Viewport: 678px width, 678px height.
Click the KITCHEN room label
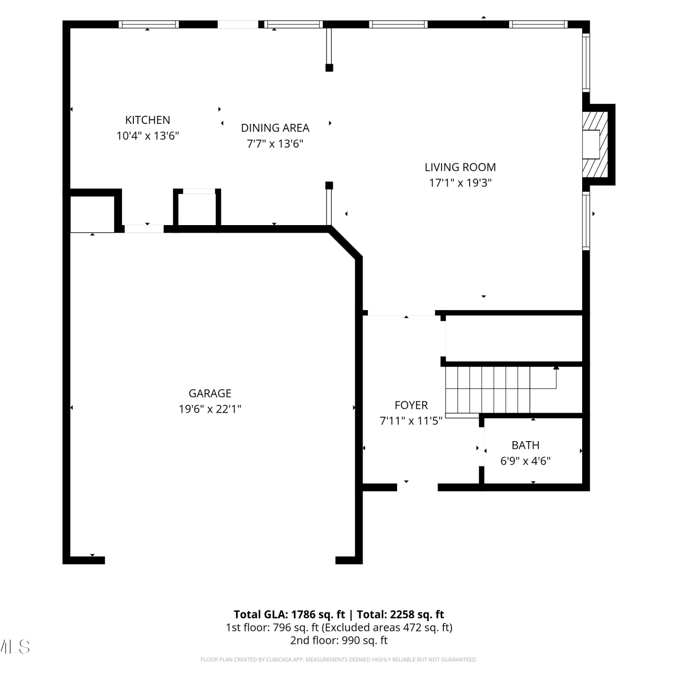pos(148,120)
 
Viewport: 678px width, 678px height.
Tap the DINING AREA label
pos(275,128)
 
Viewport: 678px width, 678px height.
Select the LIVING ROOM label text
pos(460,167)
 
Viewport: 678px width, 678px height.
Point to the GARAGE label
pos(210,393)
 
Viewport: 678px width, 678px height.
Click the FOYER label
pos(411,405)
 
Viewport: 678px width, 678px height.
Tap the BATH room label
pos(525,445)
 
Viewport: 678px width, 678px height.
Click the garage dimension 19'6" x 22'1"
pos(210,409)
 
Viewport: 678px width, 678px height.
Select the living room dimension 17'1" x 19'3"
pos(460,183)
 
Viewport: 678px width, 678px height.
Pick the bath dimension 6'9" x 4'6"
pos(525,461)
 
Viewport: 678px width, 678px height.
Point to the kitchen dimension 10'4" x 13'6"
pos(148,136)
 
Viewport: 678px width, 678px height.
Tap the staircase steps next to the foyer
pos(488,390)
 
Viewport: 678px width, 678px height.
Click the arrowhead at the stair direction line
pos(556,368)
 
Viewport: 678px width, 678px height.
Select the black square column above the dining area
pos(329,68)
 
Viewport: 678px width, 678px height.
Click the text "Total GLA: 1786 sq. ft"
pos(289,614)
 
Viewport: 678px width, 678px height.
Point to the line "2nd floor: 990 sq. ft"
pos(339,640)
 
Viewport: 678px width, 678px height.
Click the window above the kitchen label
pos(149,24)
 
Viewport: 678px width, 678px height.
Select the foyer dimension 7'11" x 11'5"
pos(411,421)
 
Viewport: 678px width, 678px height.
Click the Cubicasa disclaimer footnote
pos(339,659)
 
